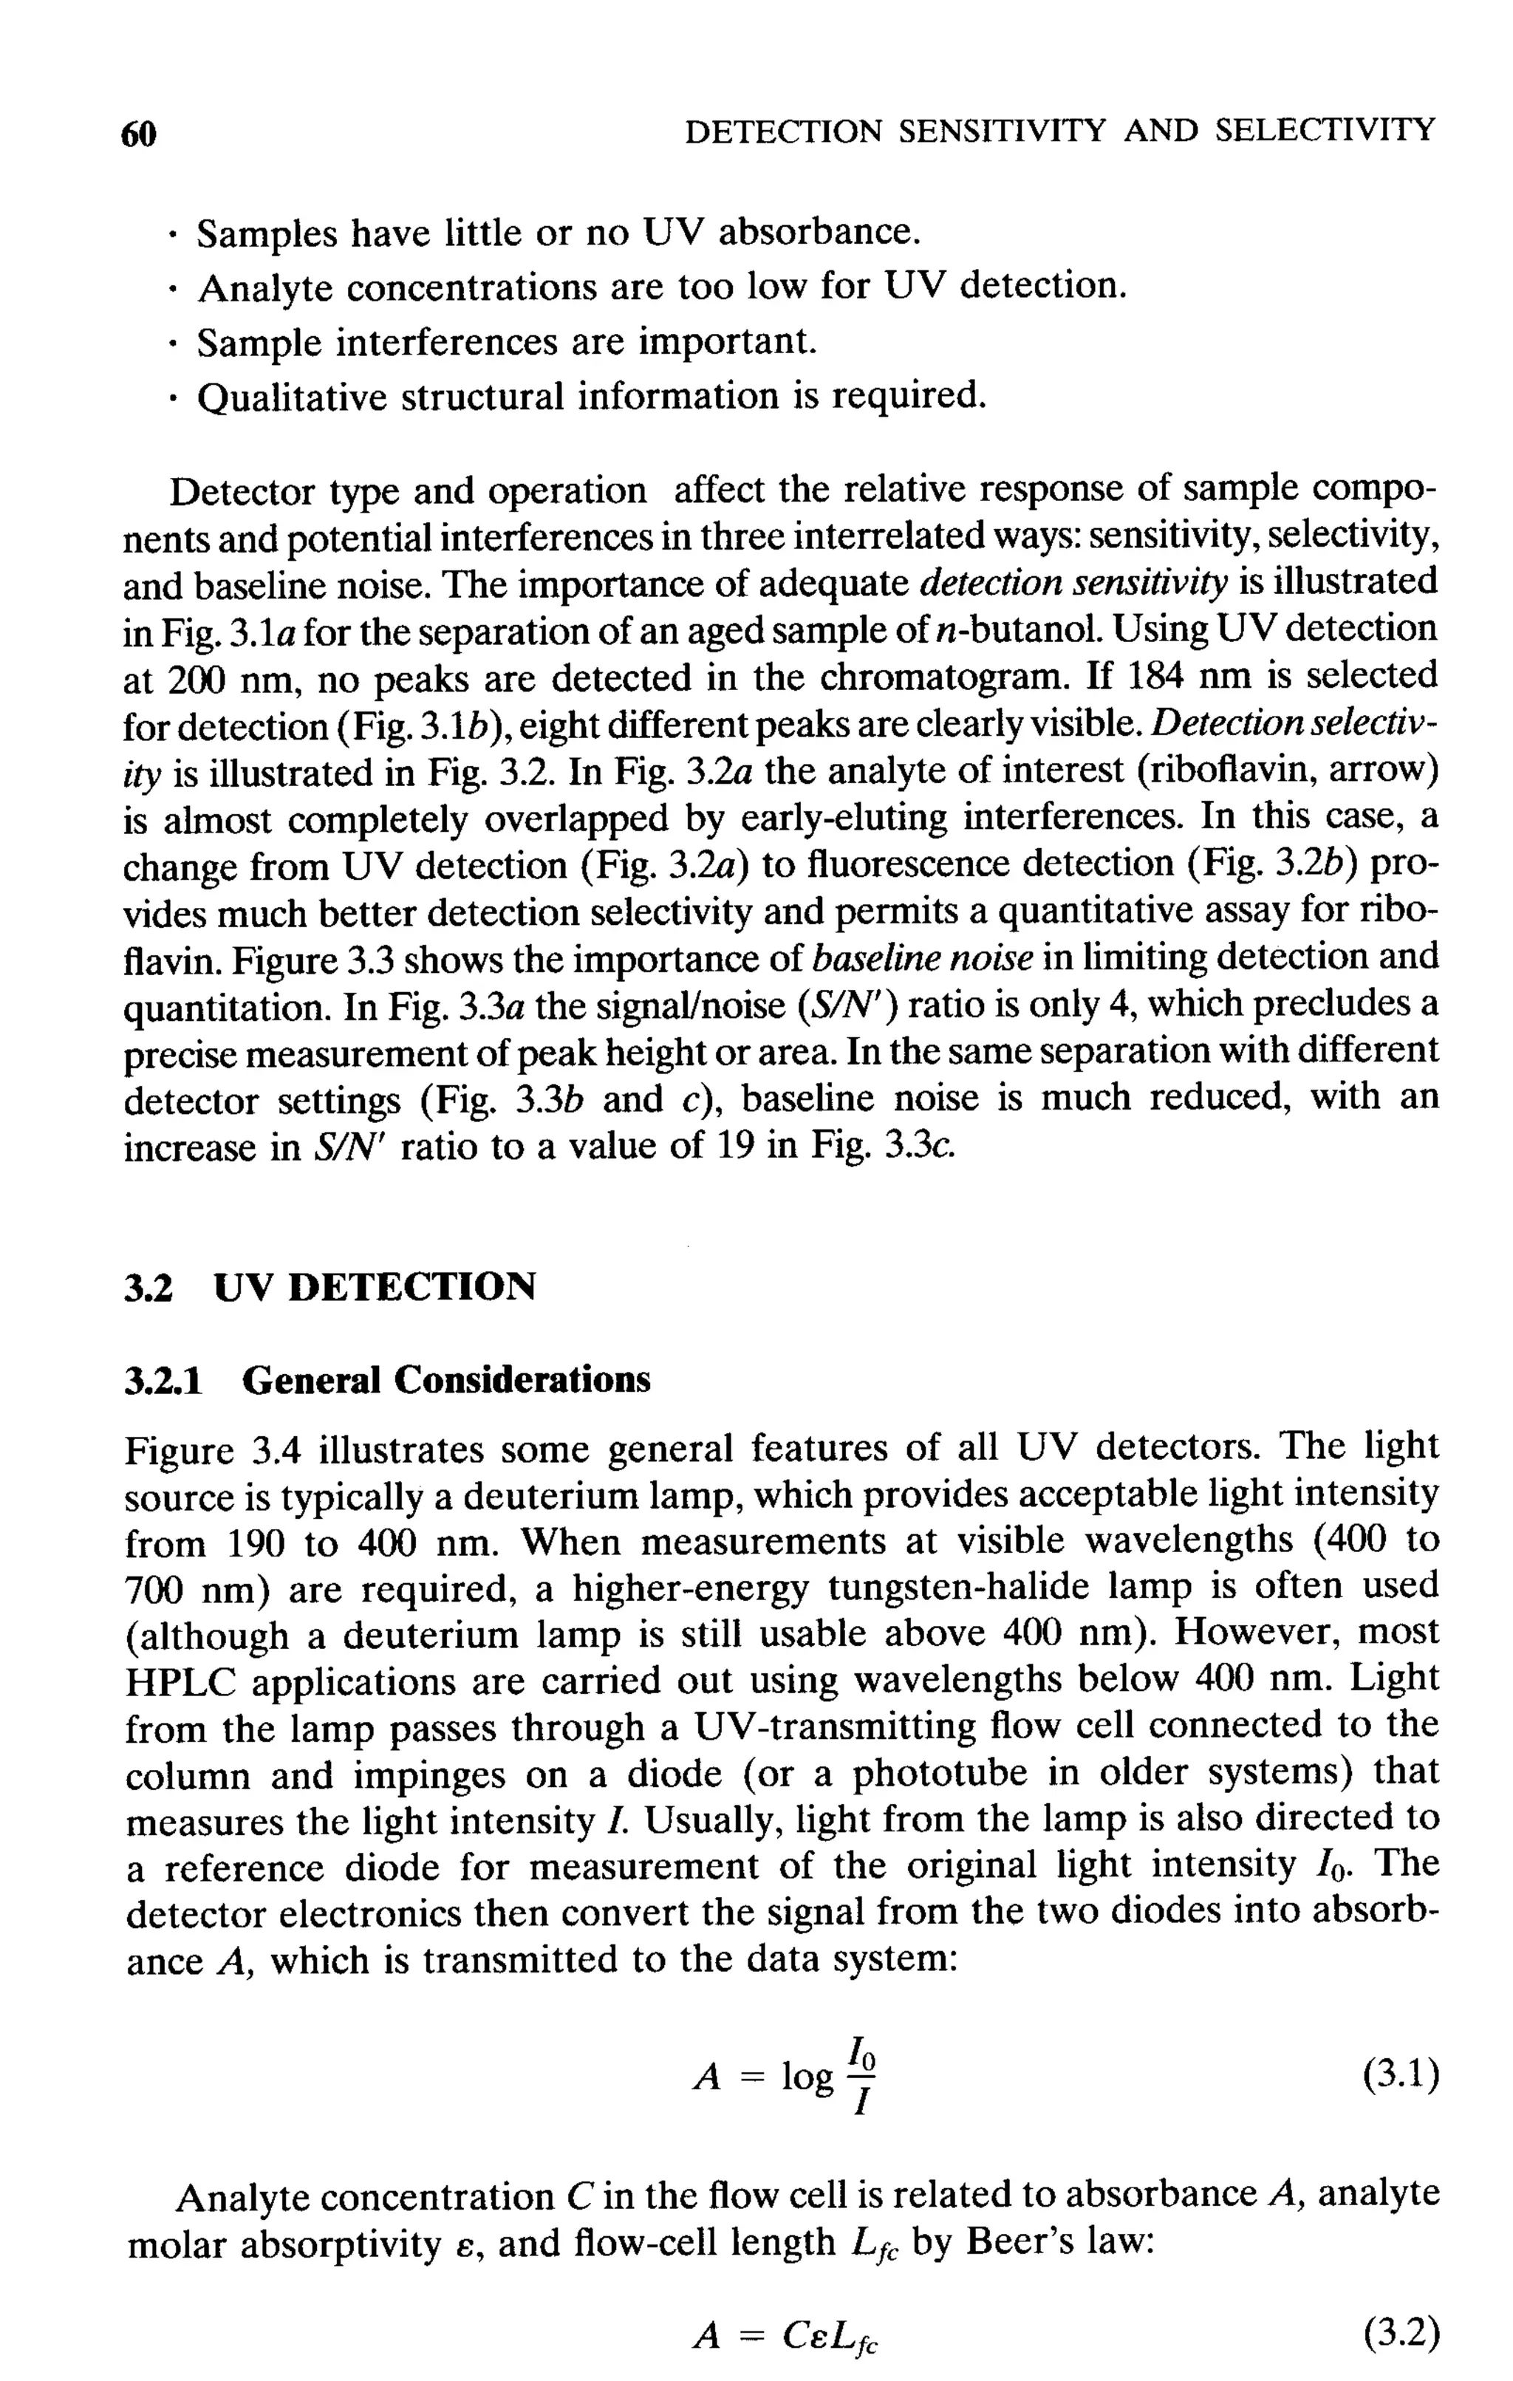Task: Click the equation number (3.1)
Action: coord(1399,2074)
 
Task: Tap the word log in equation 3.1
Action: coord(807,2077)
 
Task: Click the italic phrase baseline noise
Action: coord(923,958)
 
